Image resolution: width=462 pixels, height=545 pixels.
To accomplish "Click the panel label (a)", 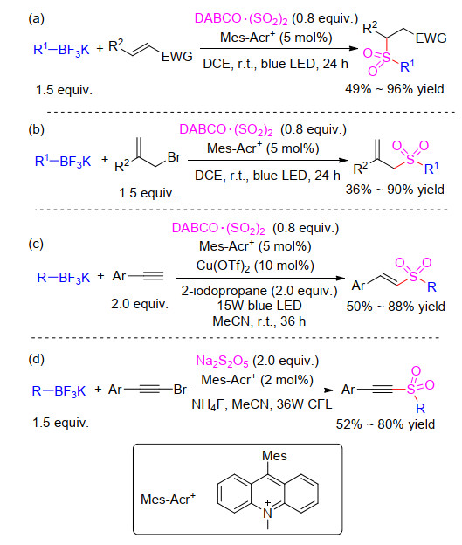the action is pyautogui.click(x=36, y=18).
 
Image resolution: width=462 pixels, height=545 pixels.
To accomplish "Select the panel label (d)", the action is pyautogui.click(x=36, y=358).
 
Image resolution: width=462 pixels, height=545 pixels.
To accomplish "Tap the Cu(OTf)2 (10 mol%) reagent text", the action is pyautogui.click(x=255, y=266).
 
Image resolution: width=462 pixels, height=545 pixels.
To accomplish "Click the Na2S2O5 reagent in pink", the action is pyautogui.click(x=222, y=361).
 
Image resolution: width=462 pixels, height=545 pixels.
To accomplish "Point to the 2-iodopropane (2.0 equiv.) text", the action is pyautogui.click(x=259, y=291).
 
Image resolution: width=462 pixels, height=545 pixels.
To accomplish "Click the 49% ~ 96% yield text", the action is pyautogui.click(x=395, y=89).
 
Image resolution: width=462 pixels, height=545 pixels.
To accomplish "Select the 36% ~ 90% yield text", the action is pyautogui.click(x=395, y=190).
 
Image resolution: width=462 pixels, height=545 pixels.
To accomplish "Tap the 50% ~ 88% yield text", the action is pyautogui.click(x=396, y=307).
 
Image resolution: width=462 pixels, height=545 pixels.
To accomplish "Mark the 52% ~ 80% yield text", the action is pyautogui.click(x=385, y=424).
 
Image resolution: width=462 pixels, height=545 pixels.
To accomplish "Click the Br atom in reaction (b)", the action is pyautogui.click(x=174, y=157).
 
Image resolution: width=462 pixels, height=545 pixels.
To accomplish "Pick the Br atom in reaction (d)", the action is pyautogui.click(x=180, y=390).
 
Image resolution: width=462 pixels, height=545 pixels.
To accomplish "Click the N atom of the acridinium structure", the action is pyautogui.click(x=267, y=513).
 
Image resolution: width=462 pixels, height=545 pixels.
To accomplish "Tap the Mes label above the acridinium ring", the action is pyautogui.click(x=274, y=456).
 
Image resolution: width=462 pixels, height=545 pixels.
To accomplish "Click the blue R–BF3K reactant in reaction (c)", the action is pyautogui.click(x=64, y=278).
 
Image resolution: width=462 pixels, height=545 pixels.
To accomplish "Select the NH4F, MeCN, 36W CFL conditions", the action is pyautogui.click(x=262, y=404).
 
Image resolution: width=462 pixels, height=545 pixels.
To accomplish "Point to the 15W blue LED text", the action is pyautogui.click(x=259, y=306).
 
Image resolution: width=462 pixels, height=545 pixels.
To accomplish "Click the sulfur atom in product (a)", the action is pyautogui.click(x=386, y=58).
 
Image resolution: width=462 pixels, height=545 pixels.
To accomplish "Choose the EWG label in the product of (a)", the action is pyautogui.click(x=431, y=38).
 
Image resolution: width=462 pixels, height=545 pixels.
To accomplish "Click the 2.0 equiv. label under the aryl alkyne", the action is pyautogui.click(x=140, y=304).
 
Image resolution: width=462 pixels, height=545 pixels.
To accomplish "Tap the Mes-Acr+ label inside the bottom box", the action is pyautogui.click(x=168, y=499).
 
